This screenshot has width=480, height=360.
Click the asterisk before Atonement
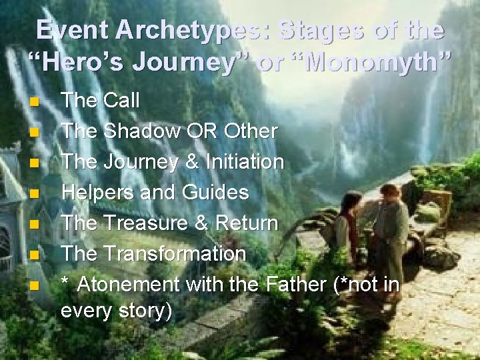click(65, 283)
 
